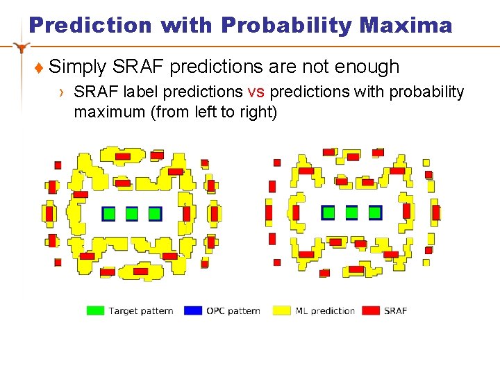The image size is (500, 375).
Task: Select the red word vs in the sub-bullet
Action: tap(255, 92)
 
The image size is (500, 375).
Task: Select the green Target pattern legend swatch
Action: tap(95, 310)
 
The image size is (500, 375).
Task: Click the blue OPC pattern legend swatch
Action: tap(192, 310)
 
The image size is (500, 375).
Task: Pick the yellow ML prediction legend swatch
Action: tap(282, 310)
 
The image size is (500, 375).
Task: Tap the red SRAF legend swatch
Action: tap(372, 310)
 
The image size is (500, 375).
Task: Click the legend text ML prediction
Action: tap(325, 310)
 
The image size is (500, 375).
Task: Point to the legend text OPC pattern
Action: tap(233, 310)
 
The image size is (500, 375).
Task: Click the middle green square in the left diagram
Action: tap(132, 214)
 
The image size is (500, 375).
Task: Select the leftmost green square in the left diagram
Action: tap(109, 214)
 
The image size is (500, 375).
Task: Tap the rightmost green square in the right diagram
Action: tap(375, 212)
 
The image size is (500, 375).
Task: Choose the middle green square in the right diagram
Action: tap(352, 212)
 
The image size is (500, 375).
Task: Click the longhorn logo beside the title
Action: tap(23, 48)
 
